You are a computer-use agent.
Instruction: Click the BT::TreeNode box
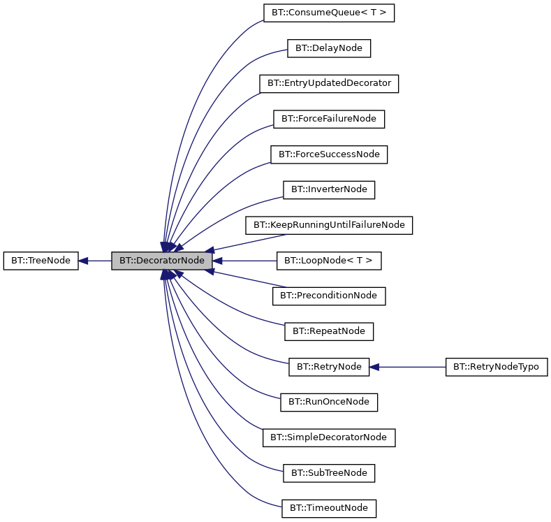pos(41,261)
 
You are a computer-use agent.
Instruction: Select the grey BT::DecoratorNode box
pos(161,261)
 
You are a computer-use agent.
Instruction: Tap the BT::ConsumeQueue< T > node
pos(329,13)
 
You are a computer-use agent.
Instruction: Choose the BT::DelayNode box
pos(329,48)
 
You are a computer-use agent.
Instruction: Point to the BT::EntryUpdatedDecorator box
pos(329,83)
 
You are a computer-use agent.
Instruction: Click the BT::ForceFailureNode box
pos(329,119)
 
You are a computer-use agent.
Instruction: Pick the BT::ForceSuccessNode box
pos(329,154)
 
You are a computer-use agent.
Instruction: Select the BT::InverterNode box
pos(329,189)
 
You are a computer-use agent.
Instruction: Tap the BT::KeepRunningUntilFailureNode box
pos(329,225)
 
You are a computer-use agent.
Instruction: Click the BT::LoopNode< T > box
pos(329,261)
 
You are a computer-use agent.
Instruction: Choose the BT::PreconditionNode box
pos(329,296)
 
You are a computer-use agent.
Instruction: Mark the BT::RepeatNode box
pos(329,331)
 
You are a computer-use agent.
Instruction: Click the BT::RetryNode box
pos(329,366)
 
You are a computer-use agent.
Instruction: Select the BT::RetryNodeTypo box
pos(497,366)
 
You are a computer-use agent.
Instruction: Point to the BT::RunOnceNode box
pos(329,402)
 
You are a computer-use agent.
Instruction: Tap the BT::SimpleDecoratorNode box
pos(329,437)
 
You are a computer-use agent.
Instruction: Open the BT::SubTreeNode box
pos(329,473)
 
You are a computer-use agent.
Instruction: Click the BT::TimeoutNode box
pos(329,508)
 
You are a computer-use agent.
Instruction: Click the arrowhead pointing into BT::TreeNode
pos(84,261)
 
